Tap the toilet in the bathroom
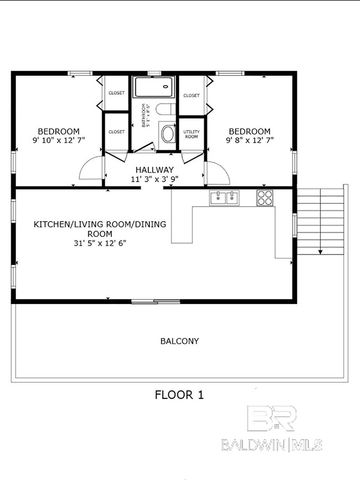(168, 133)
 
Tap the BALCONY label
(179, 341)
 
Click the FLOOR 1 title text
(179, 394)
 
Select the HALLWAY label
(155, 170)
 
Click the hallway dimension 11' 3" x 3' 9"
(155, 181)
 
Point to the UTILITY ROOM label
(191, 133)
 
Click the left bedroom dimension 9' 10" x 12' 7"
(59, 140)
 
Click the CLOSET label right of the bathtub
(191, 95)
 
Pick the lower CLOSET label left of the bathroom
(116, 131)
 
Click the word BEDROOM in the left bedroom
(59, 130)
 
